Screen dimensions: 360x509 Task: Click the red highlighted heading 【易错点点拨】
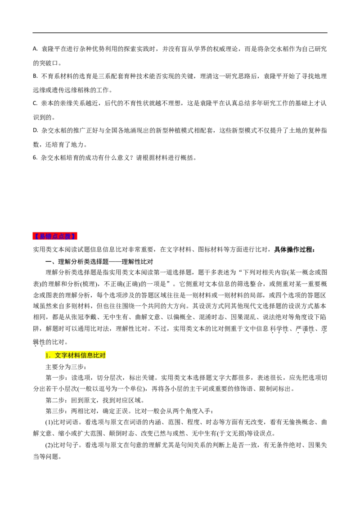coord(55,236)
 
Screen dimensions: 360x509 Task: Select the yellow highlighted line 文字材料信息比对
coord(76,355)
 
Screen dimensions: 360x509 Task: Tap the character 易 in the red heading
coord(42,236)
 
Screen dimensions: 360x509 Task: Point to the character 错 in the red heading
coord(49,236)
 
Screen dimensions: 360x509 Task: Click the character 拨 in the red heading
coord(68,236)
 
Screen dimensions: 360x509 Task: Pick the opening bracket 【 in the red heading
coord(36,236)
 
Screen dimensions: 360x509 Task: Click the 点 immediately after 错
coord(55,236)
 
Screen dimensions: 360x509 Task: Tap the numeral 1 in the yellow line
coord(46,356)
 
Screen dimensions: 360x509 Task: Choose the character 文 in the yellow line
coord(58,355)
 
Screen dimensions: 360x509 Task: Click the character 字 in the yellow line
coord(64,355)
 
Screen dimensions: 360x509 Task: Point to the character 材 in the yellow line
coord(71,355)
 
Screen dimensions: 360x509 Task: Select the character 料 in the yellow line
coord(77,355)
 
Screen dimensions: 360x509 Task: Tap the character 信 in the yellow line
coord(84,355)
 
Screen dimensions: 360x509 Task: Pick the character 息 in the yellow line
coord(90,355)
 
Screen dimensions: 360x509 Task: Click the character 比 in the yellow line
coord(96,355)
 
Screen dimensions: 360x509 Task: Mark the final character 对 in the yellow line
coord(103,355)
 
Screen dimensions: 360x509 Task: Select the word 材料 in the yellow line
coord(74,355)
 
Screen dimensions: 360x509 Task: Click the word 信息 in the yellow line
coord(87,355)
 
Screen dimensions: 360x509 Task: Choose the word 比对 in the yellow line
coord(99,355)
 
